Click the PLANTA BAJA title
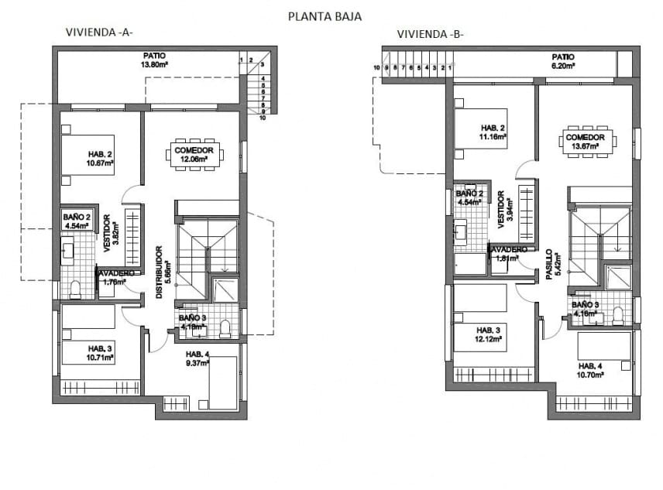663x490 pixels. (x=325, y=15)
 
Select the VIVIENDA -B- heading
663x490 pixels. (x=431, y=34)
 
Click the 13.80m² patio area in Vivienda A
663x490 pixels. (x=155, y=65)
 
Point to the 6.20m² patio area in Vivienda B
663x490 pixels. (x=562, y=67)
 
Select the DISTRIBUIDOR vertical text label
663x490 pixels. (x=158, y=272)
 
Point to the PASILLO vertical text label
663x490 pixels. (x=549, y=267)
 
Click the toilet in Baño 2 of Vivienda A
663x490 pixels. (x=75, y=290)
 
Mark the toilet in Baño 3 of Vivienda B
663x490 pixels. (x=618, y=315)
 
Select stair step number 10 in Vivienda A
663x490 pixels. (x=263, y=119)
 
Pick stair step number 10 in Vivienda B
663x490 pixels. (x=376, y=68)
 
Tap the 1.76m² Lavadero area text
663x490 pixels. (x=113, y=283)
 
